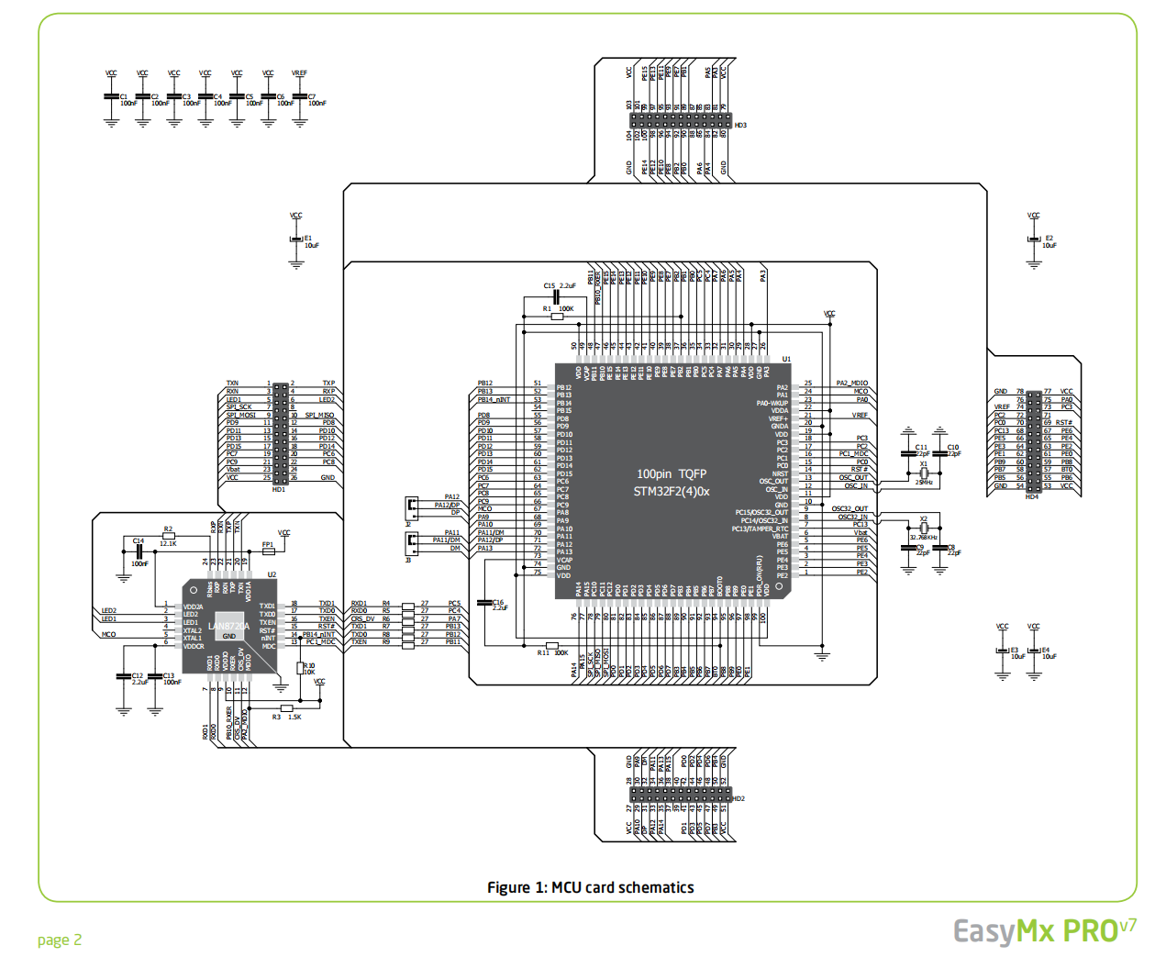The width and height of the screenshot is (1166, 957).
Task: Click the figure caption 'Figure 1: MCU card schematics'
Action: coord(590,887)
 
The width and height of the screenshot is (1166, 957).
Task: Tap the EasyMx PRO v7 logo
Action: coord(1045,930)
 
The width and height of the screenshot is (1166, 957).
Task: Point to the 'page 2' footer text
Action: coord(60,940)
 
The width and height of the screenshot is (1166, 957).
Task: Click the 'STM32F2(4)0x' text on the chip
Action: coord(672,492)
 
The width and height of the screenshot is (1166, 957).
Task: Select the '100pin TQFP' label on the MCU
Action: coord(672,473)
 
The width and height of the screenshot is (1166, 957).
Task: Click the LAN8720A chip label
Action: coord(228,626)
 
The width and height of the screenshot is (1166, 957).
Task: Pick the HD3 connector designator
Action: coord(740,125)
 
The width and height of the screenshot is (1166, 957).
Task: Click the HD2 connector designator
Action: coord(738,798)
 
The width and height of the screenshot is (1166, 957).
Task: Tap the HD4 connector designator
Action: coord(1032,496)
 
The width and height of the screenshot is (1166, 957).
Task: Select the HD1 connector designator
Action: coord(279,489)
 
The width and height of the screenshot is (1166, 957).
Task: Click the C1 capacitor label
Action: coord(124,96)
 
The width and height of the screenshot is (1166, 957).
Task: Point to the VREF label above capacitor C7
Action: coord(299,73)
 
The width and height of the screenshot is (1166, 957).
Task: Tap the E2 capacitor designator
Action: coord(1049,238)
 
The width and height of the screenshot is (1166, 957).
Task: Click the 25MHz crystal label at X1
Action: coord(924,482)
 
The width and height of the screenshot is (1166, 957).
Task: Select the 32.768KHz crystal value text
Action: coord(924,538)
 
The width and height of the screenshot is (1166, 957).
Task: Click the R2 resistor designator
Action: coord(168,529)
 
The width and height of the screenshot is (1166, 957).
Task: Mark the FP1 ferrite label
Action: coord(268,545)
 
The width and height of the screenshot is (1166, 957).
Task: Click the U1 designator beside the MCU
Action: coord(786,359)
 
